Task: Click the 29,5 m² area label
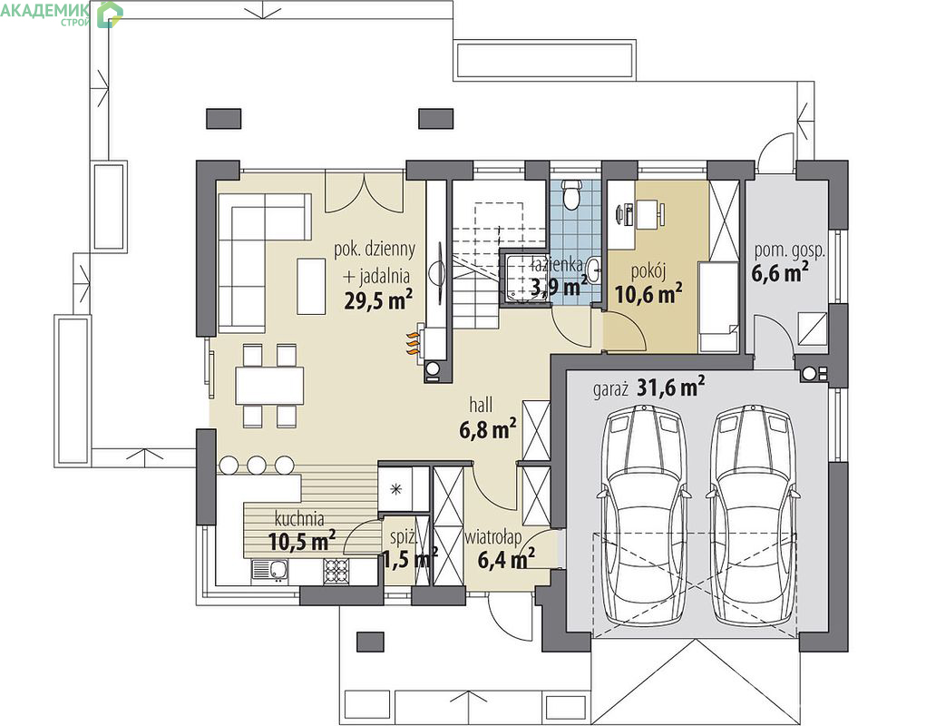(378, 300)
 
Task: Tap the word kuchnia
(299, 519)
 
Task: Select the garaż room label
(610, 390)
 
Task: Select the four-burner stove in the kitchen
(336, 571)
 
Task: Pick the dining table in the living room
(270, 386)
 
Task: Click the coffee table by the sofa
(311, 287)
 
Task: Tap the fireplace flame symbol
(413, 343)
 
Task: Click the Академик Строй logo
(62, 15)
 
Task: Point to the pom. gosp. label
(790, 250)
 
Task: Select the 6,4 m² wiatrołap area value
(506, 558)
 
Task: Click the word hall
(481, 406)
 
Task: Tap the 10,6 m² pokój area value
(649, 292)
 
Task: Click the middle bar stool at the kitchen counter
(257, 465)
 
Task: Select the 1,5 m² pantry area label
(411, 558)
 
